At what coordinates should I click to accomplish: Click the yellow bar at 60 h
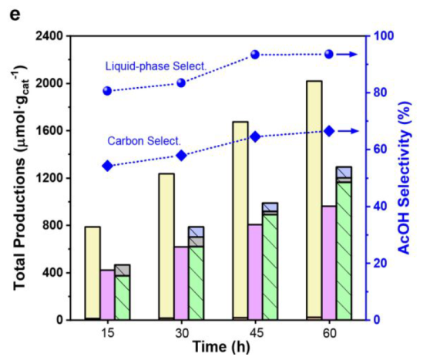pos(314,200)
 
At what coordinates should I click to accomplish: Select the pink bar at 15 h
pos(108,295)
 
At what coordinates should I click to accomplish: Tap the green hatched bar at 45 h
pos(270,267)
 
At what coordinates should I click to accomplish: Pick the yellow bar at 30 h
pos(166,247)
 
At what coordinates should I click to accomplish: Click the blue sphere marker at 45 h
pos(255,54)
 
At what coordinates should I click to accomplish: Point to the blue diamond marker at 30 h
pos(181,156)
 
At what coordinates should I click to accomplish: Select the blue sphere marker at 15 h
pos(107,91)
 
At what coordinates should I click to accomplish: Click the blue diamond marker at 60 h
pos(329,131)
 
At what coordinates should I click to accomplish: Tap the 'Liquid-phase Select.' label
pos(156,66)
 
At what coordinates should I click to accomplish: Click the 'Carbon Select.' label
pos(144,141)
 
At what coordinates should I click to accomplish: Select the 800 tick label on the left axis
pos(52,225)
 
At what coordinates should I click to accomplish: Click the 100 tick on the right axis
pos(382,35)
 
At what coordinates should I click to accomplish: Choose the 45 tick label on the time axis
pos(255,333)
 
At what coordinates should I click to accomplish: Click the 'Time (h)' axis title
pos(221,347)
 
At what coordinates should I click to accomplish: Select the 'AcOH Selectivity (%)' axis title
pos(405,178)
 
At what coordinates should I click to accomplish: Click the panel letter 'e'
pos(15,15)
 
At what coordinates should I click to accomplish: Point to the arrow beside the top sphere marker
pos(347,55)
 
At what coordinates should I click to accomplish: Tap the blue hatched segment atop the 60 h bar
pos(344,173)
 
